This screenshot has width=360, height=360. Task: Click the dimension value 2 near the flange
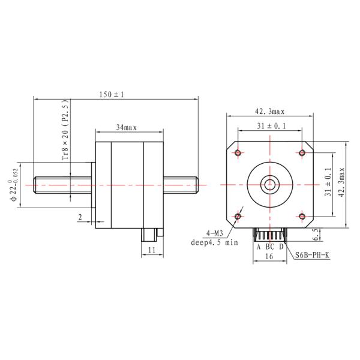point(79,217)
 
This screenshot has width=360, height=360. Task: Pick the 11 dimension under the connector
point(152,249)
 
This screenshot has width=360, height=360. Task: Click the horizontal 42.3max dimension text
point(269,112)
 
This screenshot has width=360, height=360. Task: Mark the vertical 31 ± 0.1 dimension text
point(328,184)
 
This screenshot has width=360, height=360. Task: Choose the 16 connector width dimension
point(269,256)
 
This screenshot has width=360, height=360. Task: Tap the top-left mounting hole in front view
point(238,152)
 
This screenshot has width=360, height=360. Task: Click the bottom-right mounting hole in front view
point(301,215)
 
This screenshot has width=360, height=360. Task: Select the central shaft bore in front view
point(269,184)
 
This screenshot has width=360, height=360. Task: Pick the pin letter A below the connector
point(259,247)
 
